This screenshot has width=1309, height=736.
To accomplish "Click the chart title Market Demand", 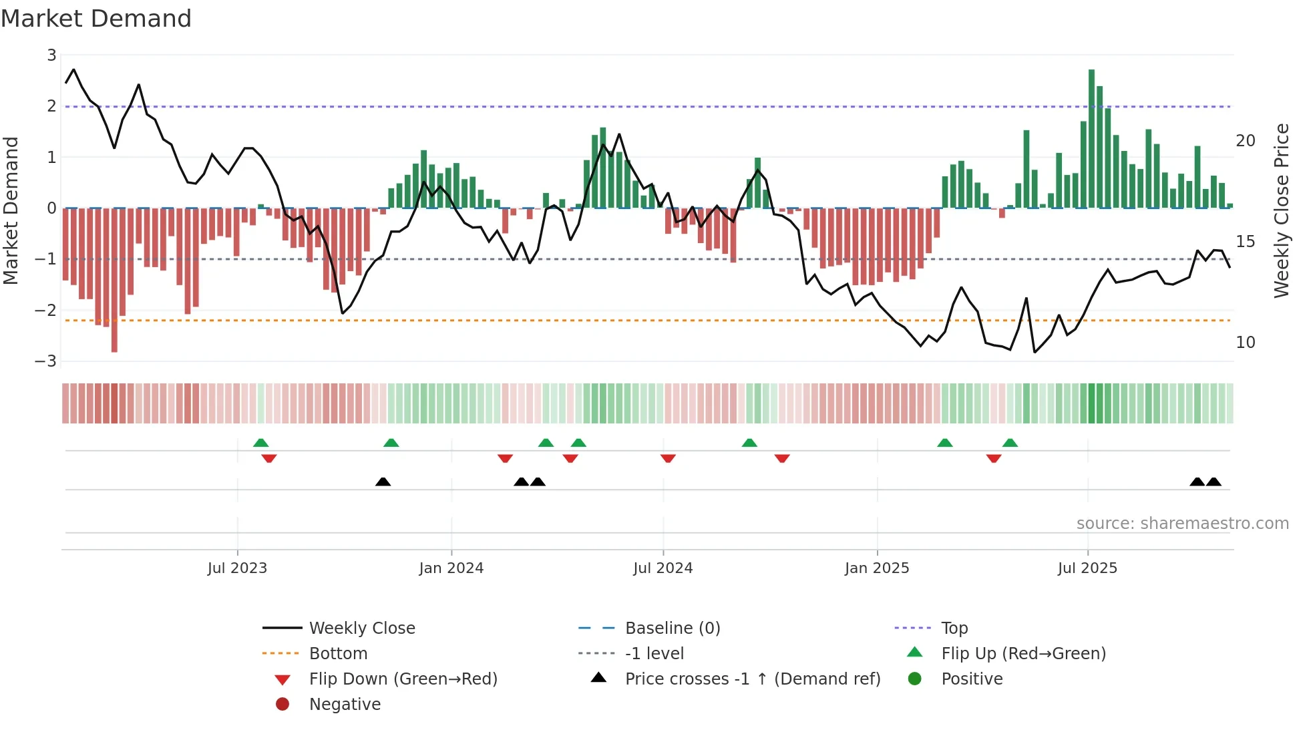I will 96,19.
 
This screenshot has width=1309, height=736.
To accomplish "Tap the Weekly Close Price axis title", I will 1281,210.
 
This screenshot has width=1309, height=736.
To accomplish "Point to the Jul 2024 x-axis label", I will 663,568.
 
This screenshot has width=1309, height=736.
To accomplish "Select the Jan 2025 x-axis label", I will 876,568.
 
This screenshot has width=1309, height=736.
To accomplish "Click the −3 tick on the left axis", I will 46,361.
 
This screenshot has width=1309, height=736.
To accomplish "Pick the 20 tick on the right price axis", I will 1245,141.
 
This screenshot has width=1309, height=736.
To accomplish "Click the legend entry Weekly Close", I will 361,628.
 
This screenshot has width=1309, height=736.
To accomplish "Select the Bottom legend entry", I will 338,654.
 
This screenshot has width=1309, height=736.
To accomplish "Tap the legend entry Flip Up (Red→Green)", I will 1023,654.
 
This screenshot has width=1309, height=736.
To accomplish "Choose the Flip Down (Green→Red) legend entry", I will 403,679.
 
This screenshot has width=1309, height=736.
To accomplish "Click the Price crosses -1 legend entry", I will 752,679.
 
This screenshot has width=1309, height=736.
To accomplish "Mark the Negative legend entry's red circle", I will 283,705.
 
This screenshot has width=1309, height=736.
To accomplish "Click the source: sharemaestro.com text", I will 1182,524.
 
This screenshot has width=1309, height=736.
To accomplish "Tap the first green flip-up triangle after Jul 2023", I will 261,443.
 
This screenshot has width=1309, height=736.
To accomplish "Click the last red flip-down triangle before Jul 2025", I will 994,459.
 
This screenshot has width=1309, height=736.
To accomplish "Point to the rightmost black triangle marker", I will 1213,482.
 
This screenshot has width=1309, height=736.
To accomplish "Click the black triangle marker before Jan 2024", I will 383,482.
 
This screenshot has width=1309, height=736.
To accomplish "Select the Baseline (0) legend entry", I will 672,628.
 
